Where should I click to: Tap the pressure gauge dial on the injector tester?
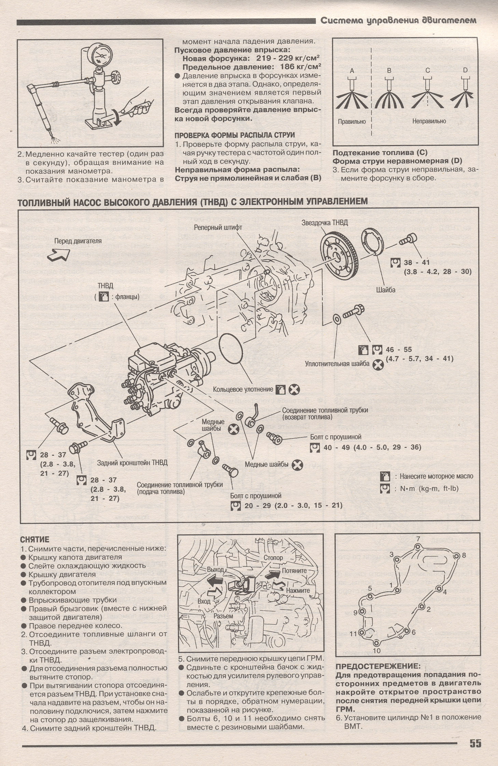tap(100, 56)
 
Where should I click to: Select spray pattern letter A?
tap(352, 71)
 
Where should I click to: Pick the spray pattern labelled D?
tap(465, 71)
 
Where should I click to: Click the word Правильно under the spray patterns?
tap(352, 121)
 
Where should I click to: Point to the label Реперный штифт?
tap(218, 227)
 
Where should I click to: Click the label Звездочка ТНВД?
tap(324, 223)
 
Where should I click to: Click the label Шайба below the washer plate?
tap(386, 290)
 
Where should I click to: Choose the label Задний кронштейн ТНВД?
tap(133, 463)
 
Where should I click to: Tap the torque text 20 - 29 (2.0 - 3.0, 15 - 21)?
tap(293, 505)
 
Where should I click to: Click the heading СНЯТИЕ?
tap(35, 539)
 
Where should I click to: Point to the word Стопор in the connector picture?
tap(273, 558)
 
